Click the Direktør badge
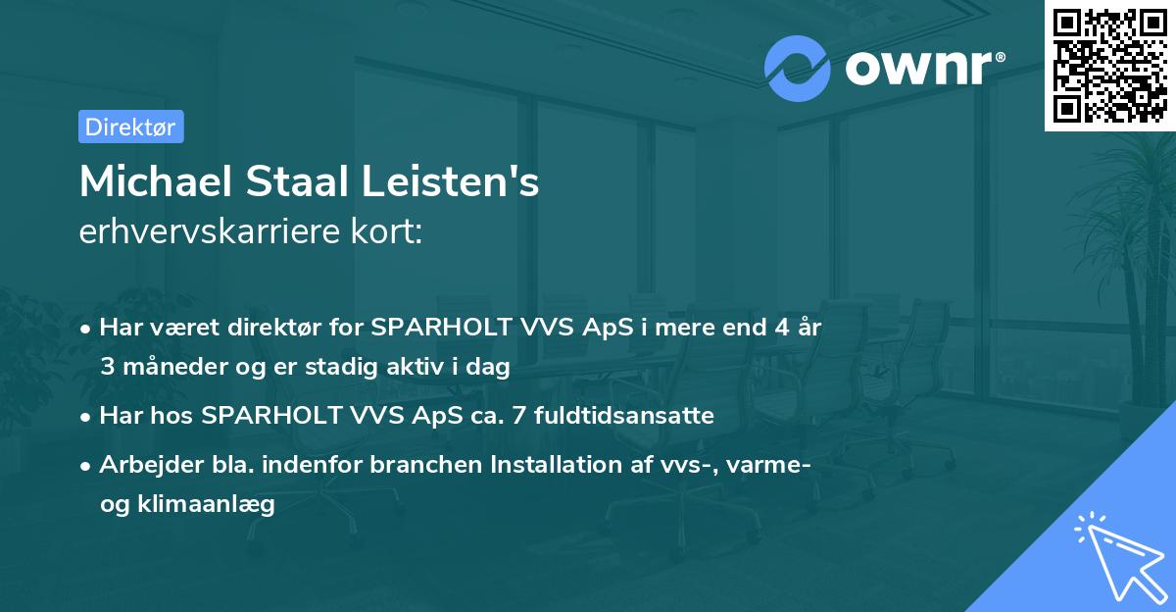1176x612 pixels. [x=130, y=127]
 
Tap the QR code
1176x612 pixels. [x=1107, y=64]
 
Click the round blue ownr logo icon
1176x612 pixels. [x=798, y=67]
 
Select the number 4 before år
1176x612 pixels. [x=780, y=328]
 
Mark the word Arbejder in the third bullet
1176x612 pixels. [x=146, y=464]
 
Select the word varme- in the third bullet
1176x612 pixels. [x=773, y=464]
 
